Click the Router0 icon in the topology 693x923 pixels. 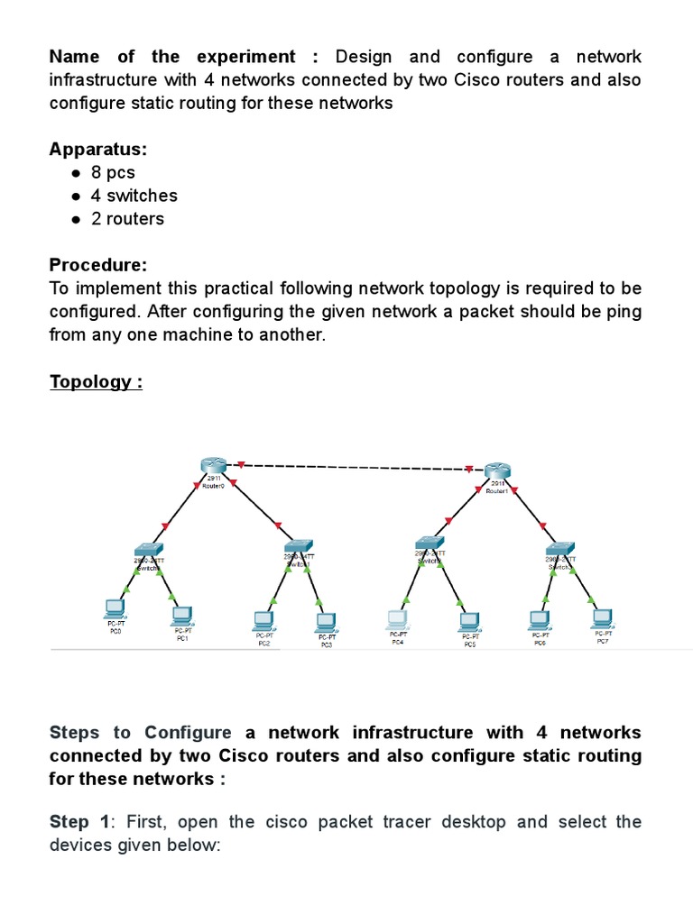215,465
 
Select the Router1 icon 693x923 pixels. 497,471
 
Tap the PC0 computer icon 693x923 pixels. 115,607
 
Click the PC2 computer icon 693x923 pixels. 263,619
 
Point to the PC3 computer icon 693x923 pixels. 325,622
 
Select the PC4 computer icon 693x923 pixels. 398,619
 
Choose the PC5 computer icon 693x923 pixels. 469,621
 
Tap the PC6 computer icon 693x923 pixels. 539,619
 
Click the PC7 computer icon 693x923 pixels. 602,617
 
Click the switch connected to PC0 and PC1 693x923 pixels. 149,549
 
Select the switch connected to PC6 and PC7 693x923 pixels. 559,549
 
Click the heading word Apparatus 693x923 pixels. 98,149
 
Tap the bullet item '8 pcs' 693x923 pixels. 112,172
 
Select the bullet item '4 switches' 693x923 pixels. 134,196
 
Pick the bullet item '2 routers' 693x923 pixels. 127,219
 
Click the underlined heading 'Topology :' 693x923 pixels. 96,381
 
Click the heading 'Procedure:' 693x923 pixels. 97,265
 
